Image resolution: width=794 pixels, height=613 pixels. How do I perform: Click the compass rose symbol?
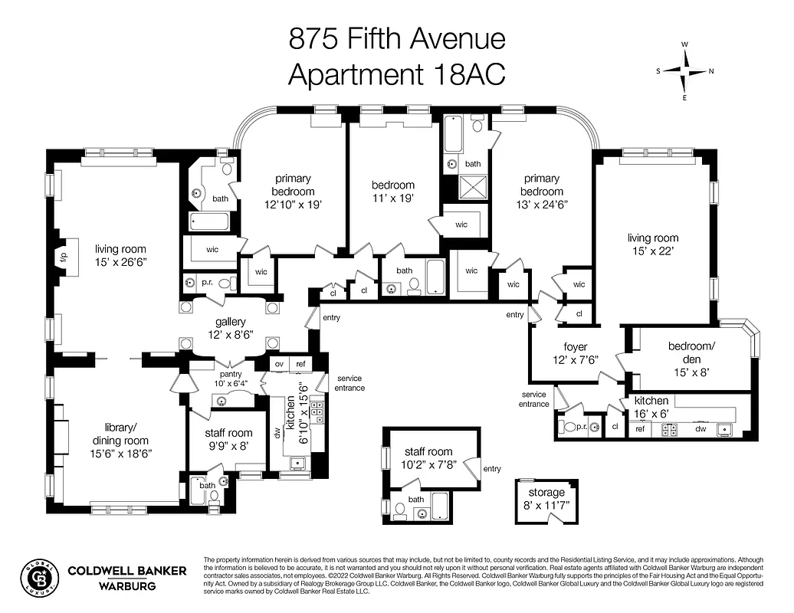point(684,71)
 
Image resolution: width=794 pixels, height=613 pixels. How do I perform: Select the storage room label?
point(546,498)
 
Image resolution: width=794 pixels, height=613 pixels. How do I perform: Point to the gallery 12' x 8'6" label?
point(230,328)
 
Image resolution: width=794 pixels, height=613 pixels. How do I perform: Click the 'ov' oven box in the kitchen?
point(281,364)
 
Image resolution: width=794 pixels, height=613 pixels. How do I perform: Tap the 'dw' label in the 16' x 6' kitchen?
point(700,430)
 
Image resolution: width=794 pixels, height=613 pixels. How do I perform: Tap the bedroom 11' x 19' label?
point(393,192)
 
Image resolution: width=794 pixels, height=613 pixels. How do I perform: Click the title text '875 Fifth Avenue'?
point(396,38)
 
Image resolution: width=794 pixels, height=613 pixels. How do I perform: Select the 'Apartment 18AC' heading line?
point(396,74)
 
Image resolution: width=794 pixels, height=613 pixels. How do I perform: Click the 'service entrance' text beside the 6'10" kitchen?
point(349,383)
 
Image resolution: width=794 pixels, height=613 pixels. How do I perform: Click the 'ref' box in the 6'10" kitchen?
point(301,364)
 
